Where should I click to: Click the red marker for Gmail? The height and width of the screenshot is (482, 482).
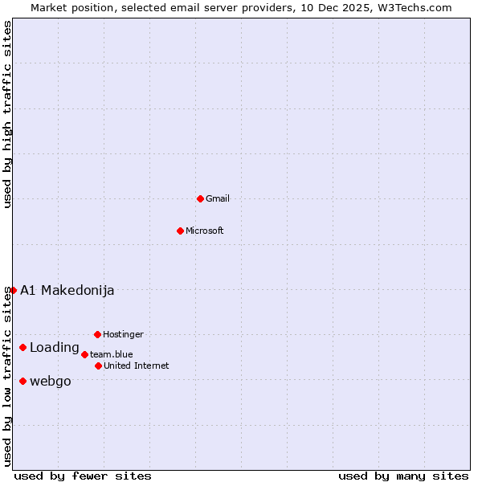pyautogui.click(x=200, y=198)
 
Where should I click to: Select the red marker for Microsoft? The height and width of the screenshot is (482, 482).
pyautogui.click(x=180, y=231)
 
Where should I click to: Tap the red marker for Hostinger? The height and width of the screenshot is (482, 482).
pyautogui.click(x=97, y=334)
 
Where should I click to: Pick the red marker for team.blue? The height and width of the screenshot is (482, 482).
pyautogui.click(x=84, y=354)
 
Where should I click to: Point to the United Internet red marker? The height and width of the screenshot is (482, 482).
pyautogui.click(x=98, y=366)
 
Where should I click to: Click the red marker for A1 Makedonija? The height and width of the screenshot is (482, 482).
pyautogui.click(x=13, y=290)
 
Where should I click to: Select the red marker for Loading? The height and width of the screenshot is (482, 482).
pyautogui.click(x=22, y=348)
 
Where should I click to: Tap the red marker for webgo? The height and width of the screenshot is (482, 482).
pyautogui.click(x=22, y=381)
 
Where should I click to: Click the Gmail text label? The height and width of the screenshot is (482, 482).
pyautogui.click(x=218, y=198)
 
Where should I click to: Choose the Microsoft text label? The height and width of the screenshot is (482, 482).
pyautogui.click(x=205, y=231)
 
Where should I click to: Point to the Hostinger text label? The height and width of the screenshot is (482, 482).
pyautogui.click(x=123, y=334)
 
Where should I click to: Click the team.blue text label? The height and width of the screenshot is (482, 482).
pyautogui.click(x=112, y=354)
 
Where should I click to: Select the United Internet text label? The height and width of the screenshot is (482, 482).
pyautogui.click(x=137, y=366)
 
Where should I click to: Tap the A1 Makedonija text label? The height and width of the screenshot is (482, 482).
pyautogui.click(x=67, y=290)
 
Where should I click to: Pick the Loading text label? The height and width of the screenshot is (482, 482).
pyautogui.click(x=55, y=348)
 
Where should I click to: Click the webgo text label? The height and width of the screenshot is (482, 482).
pyautogui.click(x=51, y=381)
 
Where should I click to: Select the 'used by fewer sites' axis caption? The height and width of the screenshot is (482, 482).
pyautogui.click(x=83, y=476)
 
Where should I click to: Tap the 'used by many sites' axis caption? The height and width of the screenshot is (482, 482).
pyautogui.click(x=403, y=476)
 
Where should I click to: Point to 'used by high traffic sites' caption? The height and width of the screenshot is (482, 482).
pyautogui.click(x=7, y=115)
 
